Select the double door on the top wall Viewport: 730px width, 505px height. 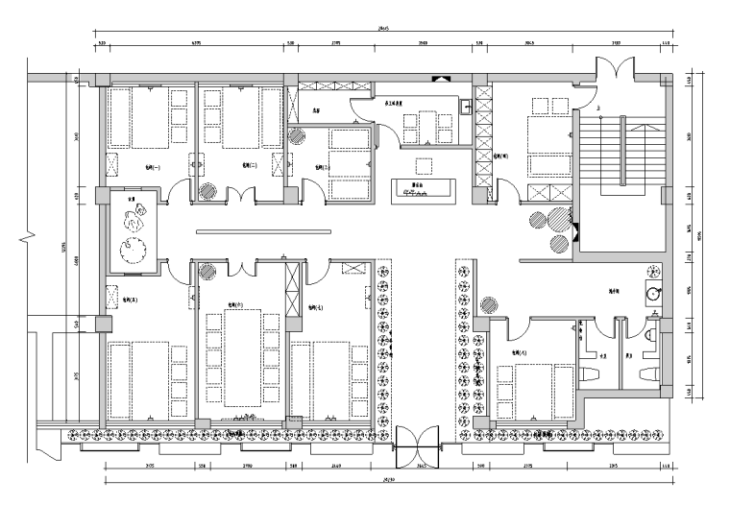pyautogui.click(x=613, y=71)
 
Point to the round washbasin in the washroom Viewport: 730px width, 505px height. pyautogui.click(x=656, y=293)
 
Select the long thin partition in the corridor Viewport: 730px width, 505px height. pyautogui.click(x=265, y=231)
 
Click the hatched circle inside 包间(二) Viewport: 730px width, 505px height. pyautogui.click(x=207, y=190)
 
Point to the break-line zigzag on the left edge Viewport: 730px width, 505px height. pyautogui.click(x=32, y=233)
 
